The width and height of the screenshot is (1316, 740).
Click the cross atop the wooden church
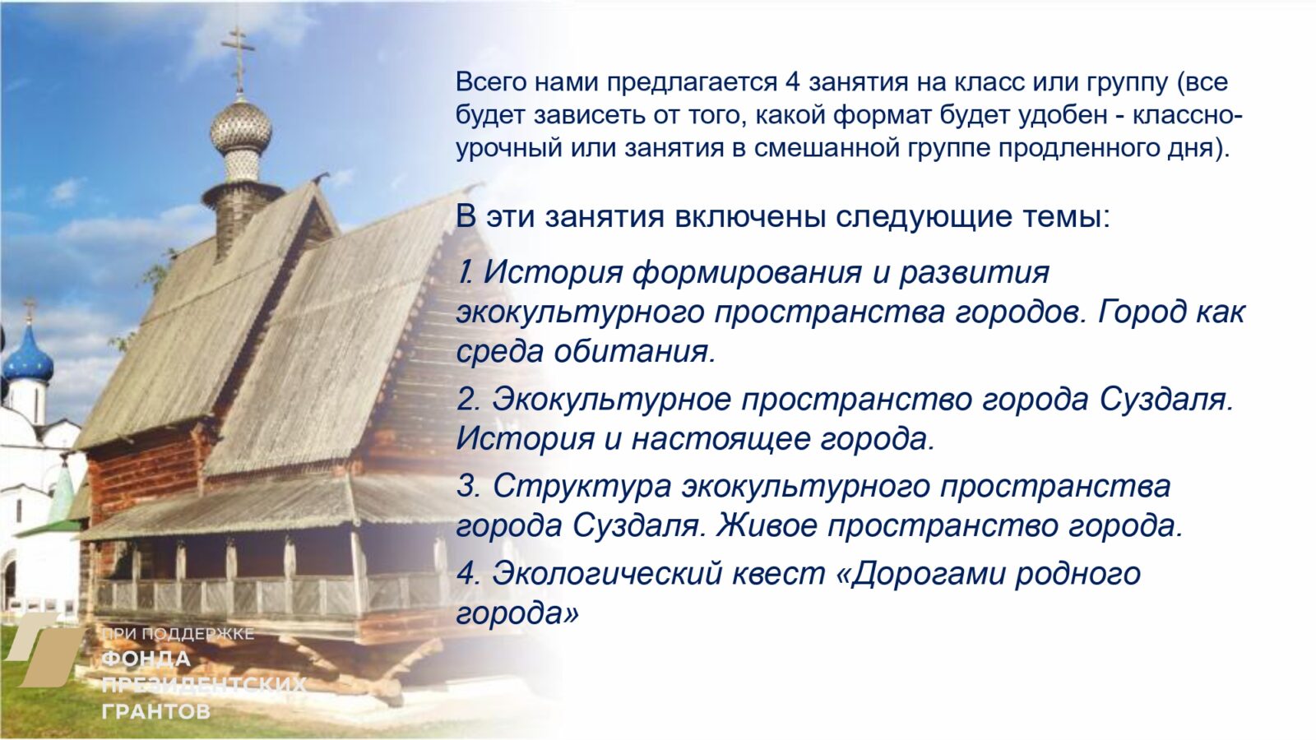[x=239, y=51]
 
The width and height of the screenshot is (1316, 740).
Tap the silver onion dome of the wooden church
[x=240, y=127]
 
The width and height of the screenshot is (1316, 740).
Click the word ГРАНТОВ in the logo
[x=155, y=710]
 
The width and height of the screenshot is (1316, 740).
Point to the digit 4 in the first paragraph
[x=792, y=82]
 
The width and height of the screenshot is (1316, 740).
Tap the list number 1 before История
[x=466, y=272]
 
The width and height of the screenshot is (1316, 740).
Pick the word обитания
[x=635, y=351]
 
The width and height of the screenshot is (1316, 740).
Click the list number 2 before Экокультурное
[x=467, y=400]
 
